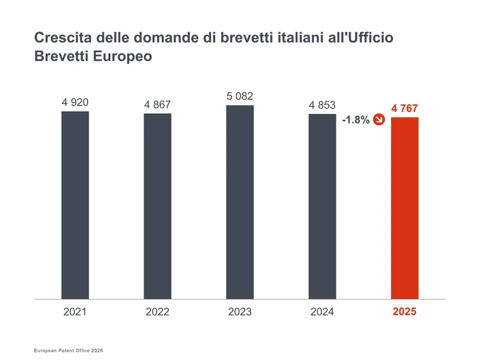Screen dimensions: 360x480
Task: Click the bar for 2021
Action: pyautogui.click(x=75, y=205)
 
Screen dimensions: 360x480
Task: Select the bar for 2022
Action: pyautogui.click(x=157, y=206)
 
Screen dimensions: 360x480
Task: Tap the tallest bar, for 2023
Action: pyautogui.click(x=239, y=202)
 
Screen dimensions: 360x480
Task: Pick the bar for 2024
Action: pyautogui.click(x=322, y=206)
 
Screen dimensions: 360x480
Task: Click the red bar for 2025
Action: pyautogui.click(x=404, y=208)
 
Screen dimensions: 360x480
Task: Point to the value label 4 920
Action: pyautogui.click(x=75, y=102)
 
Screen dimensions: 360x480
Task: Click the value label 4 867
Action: pyautogui.click(x=157, y=104)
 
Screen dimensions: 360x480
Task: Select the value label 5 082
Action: pyautogui.click(x=239, y=96)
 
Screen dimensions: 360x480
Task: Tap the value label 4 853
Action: pyautogui.click(x=322, y=105)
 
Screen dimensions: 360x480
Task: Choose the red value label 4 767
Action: pyautogui.click(x=404, y=108)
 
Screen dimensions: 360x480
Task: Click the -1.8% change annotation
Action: pyautogui.click(x=355, y=120)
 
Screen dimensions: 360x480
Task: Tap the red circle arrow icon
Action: pyautogui.click(x=379, y=119)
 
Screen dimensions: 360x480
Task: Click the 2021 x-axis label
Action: pyautogui.click(x=75, y=312)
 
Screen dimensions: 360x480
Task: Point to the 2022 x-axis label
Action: pyautogui.click(x=157, y=312)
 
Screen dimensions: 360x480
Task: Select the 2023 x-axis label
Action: pyautogui.click(x=239, y=312)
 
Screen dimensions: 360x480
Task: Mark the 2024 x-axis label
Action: pyautogui.click(x=322, y=312)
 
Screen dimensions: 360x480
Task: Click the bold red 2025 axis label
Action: pyautogui.click(x=404, y=311)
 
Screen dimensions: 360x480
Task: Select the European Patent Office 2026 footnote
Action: pyautogui.click(x=68, y=351)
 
